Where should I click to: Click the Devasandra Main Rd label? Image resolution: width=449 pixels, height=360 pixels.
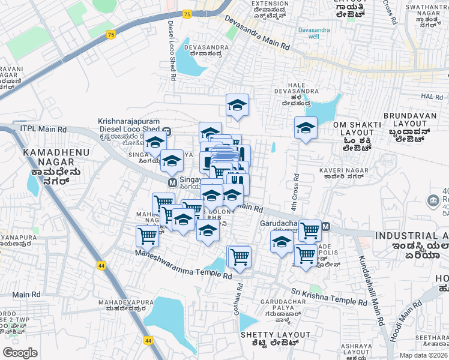coord(258,33)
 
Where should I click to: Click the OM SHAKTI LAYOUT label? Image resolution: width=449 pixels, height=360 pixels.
coord(354,130)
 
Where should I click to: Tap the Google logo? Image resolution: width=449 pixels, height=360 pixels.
coord(20,353)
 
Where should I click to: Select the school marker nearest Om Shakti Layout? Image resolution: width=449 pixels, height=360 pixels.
coord(306,128)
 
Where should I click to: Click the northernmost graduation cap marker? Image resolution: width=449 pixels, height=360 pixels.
coord(237,105)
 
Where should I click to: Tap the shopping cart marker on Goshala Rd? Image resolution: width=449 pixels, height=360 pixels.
coord(239,256)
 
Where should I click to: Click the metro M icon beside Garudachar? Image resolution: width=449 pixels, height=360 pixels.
coord(326,227)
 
